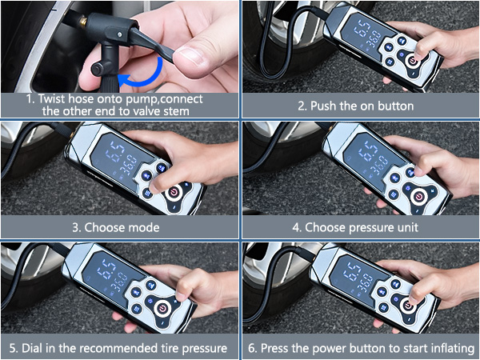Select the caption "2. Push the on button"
(356, 106)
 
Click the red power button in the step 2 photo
(414, 60)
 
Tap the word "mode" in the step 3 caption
(151, 227)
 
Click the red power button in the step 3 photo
(174, 190)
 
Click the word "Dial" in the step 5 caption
(38, 348)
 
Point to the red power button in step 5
(159, 308)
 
